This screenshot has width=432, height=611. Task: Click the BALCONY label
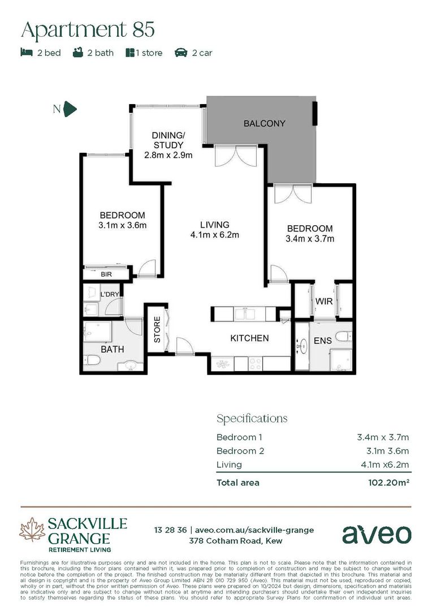point(264,123)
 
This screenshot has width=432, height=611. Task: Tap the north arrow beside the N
point(70,109)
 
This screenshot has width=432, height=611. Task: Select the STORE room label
point(157,330)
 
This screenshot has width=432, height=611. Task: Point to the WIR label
point(323,302)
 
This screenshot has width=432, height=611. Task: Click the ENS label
point(323,341)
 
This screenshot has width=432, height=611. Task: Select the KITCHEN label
point(249,338)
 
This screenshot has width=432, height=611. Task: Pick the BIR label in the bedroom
point(106,274)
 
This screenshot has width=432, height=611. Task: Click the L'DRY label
point(109,295)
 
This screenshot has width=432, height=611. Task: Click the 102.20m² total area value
point(388,483)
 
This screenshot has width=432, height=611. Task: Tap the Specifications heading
point(252,419)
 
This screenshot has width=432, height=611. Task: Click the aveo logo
point(377,533)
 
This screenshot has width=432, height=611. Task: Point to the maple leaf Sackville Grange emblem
point(32,530)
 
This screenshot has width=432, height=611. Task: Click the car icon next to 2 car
point(181,53)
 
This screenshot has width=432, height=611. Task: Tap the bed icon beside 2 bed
point(26,53)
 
